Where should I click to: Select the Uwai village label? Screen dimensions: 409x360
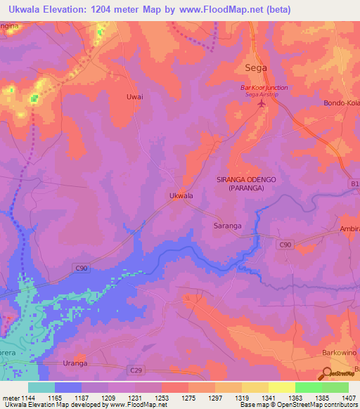pyautogui.click(x=134, y=96)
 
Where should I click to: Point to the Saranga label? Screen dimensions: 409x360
pyautogui.click(x=227, y=226)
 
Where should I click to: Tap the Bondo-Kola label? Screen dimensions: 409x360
pyautogui.click(x=341, y=103)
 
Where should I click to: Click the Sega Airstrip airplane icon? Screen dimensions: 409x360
pyautogui.click(x=263, y=104)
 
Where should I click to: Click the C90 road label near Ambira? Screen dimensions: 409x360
pyautogui.click(x=284, y=244)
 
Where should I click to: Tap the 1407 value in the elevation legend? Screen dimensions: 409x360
pyautogui.click(x=348, y=398)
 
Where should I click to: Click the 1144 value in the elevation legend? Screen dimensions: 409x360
pyautogui.click(x=27, y=398)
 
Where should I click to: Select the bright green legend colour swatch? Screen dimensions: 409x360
pyautogui.click(x=308, y=387)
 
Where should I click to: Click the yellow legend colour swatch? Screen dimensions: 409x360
pyautogui.click(x=281, y=387)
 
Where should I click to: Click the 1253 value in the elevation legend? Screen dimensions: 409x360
pyautogui.click(x=161, y=398)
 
